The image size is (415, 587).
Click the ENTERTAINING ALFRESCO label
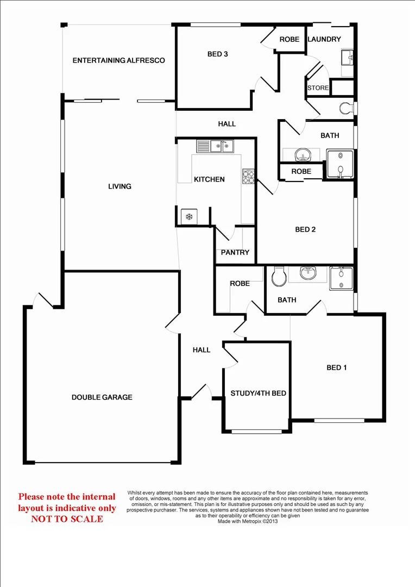118,60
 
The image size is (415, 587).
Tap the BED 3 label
217,54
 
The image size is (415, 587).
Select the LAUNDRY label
324,39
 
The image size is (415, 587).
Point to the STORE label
318,88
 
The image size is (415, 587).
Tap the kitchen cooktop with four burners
248,177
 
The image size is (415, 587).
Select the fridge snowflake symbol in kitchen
190,217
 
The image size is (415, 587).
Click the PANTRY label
235,252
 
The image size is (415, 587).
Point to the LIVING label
120,186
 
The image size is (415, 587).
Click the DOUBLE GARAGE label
102,397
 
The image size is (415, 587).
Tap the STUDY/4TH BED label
258,394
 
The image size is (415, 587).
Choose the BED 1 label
337,367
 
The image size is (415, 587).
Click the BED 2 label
305,229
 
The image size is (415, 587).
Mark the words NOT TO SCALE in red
67,519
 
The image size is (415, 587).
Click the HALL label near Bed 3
227,124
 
